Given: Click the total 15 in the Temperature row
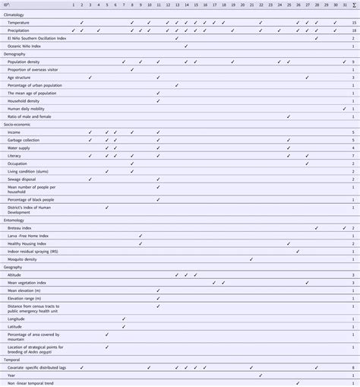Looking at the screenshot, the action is coord(354,22).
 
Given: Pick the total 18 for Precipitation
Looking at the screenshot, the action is coord(354,30).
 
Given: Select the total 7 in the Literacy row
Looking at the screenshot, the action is coord(354,155).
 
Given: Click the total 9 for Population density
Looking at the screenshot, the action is coord(354,62).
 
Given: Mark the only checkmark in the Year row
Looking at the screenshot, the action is coord(261,375).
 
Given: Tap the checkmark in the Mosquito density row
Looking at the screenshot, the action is coord(251,259).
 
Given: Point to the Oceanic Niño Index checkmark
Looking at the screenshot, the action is coord(186,46).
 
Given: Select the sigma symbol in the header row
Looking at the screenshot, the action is coord(354,5).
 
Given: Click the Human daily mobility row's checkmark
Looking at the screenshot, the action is coord(343,109).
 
